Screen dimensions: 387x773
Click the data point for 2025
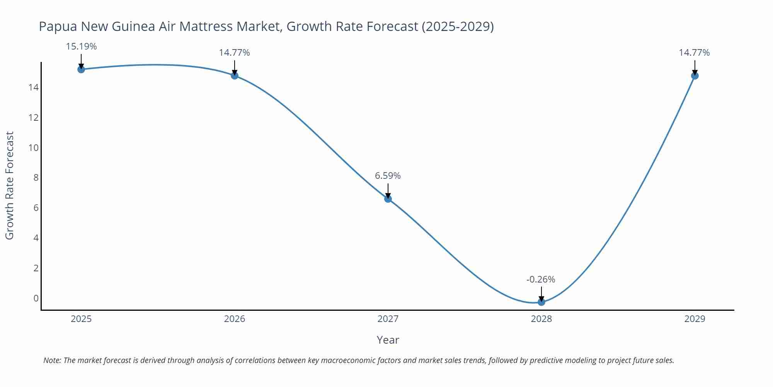pyautogui.click(x=81, y=69)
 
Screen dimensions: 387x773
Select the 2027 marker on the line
pyautogui.click(x=388, y=199)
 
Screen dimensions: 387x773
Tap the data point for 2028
pyautogui.click(x=541, y=302)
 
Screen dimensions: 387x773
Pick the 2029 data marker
pyautogui.click(x=695, y=75)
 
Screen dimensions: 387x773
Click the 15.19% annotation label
pyautogui.click(x=81, y=46)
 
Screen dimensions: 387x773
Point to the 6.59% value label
pyautogui.click(x=388, y=176)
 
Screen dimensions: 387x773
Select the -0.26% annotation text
pyautogui.click(x=541, y=279)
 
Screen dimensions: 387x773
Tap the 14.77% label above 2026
pyautogui.click(x=234, y=53)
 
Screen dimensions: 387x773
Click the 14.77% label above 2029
pyautogui.click(x=694, y=53)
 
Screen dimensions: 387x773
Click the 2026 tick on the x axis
pyautogui.click(x=235, y=319)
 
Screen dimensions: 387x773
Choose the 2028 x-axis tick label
pyautogui.click(x=541, y=319)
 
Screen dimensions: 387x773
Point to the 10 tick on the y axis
pyautogui.click(x=34, y=148)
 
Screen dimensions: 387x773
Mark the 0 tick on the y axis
pyautogui.click(x=36, y=298)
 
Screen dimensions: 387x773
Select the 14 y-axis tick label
pyautogui.click(x=34, y=87)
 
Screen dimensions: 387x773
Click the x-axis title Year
pyautogui.click(x=388, y=340)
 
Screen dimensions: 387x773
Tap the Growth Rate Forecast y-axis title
pyautogui.click(x=10, y=185)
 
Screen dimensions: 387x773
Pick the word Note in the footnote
pyautogui.click(x=52, y=360)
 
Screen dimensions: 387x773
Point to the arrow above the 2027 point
pyautogui.click(x=388, y=191)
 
